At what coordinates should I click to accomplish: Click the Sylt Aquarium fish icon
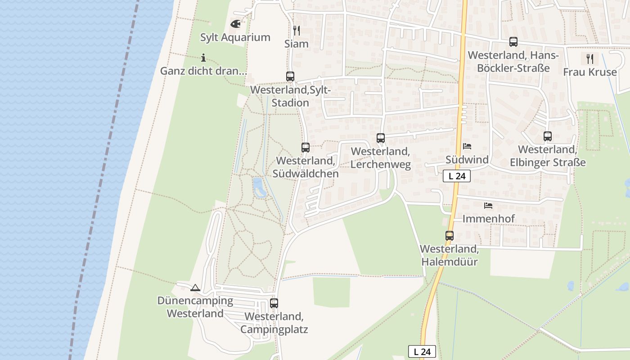(x=235, y=24)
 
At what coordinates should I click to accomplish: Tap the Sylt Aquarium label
(x=235, y=37)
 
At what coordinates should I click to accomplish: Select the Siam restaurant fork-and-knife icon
(x=297, y=31)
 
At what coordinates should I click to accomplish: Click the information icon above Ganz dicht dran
(x=203, y=58)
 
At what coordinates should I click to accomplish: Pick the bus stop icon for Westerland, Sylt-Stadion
(x=290, y=76)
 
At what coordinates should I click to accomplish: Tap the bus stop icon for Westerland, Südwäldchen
(x=306, y=147)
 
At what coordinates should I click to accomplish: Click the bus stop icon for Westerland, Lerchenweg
(x=381, y=138)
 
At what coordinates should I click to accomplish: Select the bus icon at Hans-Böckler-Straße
(x=513, y=42)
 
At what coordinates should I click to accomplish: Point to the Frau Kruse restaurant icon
(x=590, y=58)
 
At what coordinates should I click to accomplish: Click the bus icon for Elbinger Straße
(x=548, y=136)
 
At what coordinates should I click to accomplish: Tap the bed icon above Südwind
(x=467, y=146)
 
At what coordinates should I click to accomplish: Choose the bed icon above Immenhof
(x=488, y=206)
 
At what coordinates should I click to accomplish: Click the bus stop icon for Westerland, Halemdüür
(x=450, y=235)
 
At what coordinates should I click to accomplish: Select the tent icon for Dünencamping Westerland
(x=195, y=288)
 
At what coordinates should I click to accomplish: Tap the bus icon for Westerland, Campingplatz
(x=274, y=303)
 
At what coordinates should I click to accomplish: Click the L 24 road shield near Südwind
(x=457, y=176)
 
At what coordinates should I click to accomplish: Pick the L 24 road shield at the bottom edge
(x=422, y=351)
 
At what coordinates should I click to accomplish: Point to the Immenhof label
(x=489, y=219)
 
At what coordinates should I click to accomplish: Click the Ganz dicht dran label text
(x=203, y=71)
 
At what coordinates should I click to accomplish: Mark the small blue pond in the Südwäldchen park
(x=258, y=187)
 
